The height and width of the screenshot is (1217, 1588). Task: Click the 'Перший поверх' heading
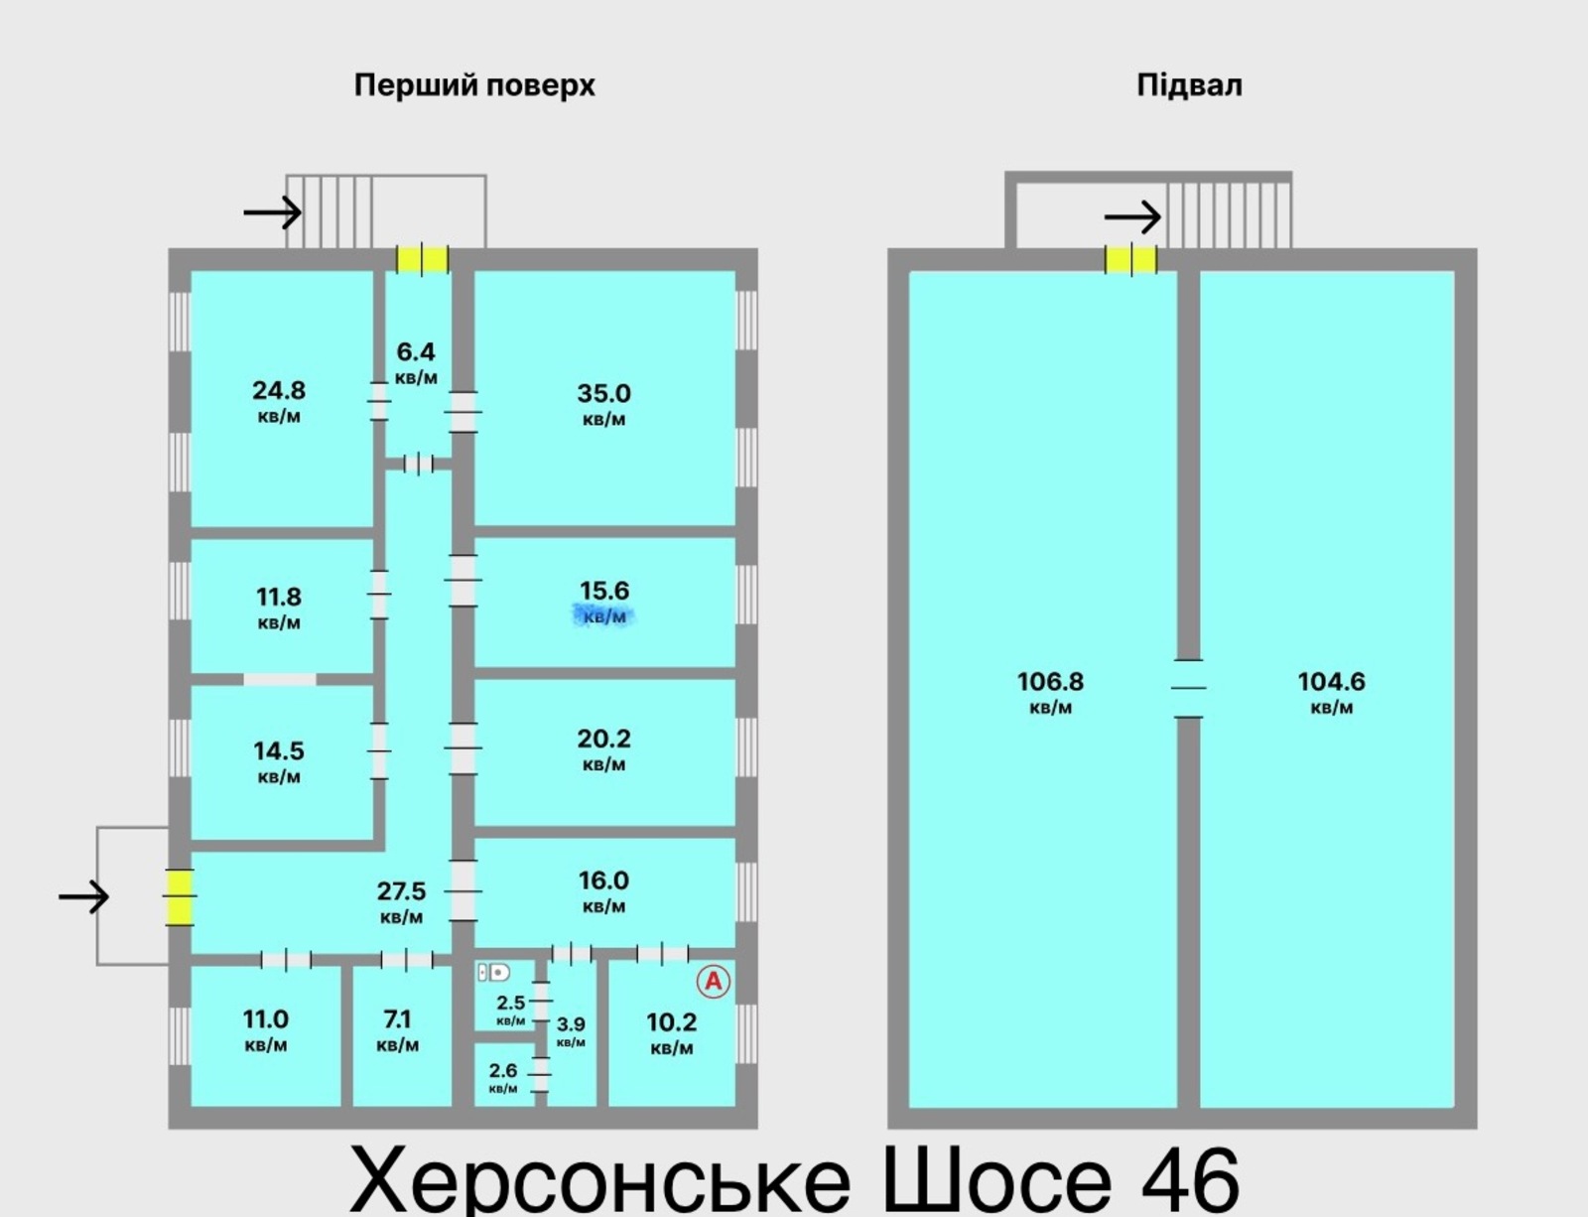click(474, 85)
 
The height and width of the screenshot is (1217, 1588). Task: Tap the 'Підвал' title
click(1189, 85)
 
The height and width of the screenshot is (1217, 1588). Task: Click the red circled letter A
click(713, 982)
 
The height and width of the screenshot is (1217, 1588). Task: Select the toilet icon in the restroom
click(493, 973)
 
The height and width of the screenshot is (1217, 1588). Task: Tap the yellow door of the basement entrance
click(1131, 259)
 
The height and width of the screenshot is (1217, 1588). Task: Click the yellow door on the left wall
click(179, 896)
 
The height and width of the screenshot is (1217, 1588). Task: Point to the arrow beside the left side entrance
click(83, 897)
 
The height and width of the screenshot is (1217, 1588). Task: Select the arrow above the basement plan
click(1132, 216)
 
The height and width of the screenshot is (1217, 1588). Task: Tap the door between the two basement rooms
click(1188, 687)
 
